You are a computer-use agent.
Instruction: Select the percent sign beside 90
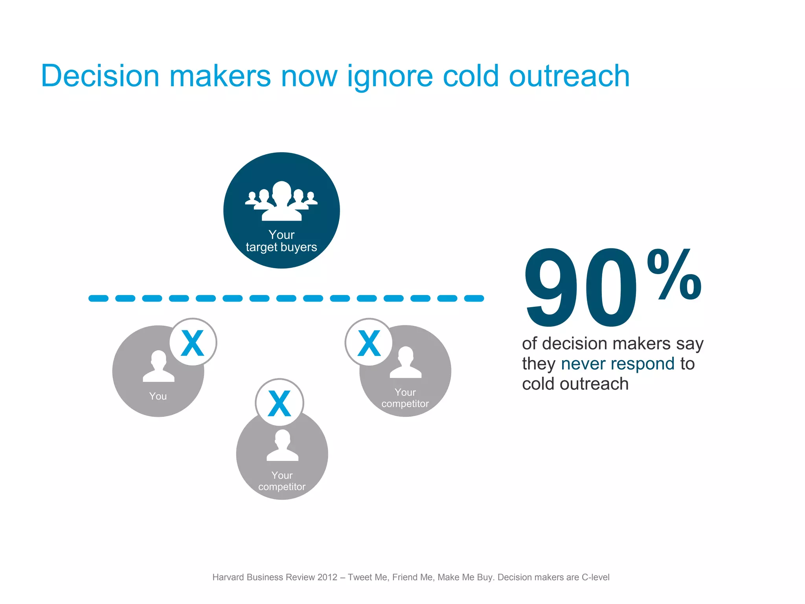675,274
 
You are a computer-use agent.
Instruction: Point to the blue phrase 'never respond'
618,363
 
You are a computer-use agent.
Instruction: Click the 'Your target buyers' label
281,241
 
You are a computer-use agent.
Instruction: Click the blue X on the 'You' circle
193,343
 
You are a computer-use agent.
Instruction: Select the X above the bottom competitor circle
279,403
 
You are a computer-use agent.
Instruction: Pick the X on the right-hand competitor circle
369,343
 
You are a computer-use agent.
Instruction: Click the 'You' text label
158,396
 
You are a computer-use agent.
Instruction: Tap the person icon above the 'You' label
158,366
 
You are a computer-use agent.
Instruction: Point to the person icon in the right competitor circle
406,363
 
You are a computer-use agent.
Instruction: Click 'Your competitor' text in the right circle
405,398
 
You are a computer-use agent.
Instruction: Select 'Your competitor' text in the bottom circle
282,481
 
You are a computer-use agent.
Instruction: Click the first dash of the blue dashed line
98,298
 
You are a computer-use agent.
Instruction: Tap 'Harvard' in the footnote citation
228,577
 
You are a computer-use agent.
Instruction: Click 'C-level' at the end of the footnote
595,577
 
